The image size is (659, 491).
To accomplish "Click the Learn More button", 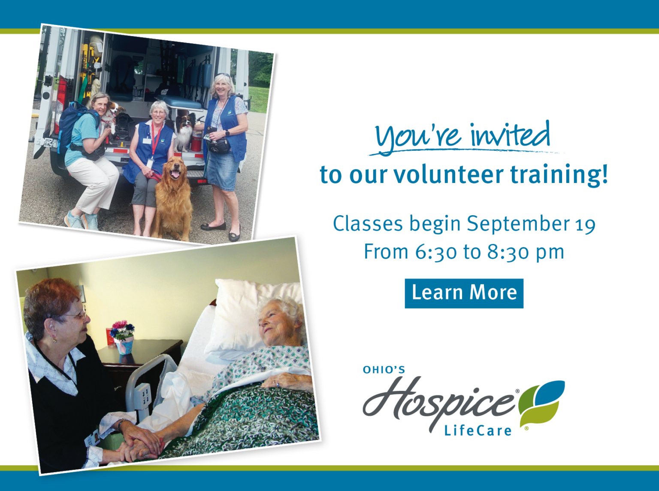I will [464, 293].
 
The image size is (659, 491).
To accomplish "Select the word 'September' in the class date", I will [518, 224].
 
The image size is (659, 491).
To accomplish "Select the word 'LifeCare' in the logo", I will [478, 430].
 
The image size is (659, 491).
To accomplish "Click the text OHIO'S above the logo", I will [384, 370].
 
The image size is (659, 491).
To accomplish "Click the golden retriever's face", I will [175, 169].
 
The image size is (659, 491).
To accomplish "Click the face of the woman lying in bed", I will [275, 324].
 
